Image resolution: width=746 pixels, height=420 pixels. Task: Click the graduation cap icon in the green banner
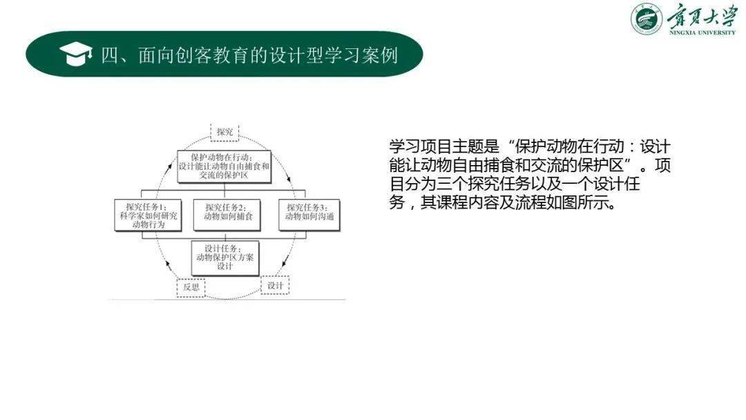[x=76, y=55]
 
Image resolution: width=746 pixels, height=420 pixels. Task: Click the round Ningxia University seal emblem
[x=646, y=19]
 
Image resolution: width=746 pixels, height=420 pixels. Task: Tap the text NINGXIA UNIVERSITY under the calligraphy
[x=702, y=32]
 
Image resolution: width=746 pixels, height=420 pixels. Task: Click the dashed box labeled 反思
[x=191, y=286]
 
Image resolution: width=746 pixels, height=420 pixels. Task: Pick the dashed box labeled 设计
[x=276, y=284]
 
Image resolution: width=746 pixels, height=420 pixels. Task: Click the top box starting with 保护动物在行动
[x=223, y=166]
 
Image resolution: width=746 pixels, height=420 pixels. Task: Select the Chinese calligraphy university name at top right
[x=702, y=16]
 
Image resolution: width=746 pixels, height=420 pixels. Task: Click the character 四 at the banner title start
[x=111, y=55]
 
